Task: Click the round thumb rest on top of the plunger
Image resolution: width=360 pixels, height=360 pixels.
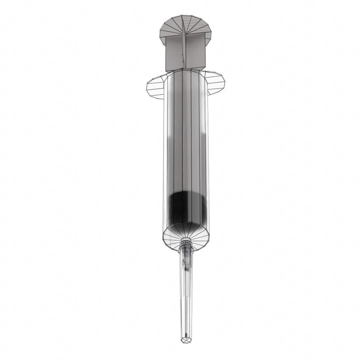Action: (x=186, y=25)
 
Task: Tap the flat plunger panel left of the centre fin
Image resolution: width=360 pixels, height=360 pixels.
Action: (x=174, y=52)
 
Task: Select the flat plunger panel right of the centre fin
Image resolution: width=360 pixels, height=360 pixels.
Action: (x=195, y=50)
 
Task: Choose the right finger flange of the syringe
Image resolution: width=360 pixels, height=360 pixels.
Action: (x=216, y=83)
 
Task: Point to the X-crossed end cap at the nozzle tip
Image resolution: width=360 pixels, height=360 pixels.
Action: (x=186, y=340)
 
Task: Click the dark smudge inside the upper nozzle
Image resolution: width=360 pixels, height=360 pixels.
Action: (x=187, y=267)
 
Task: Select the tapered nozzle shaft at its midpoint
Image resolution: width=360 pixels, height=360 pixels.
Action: (x=186, y=293)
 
